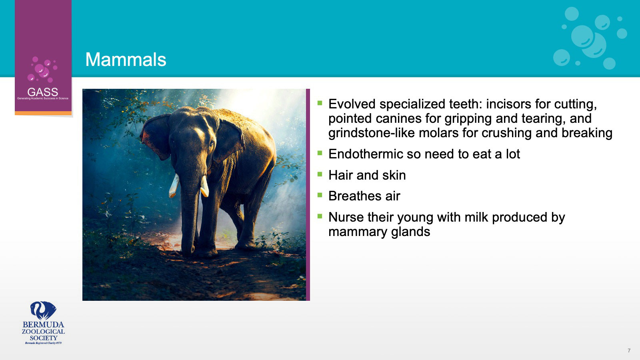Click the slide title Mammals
click(x=126, y=60)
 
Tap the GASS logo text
click(x=42, y=92)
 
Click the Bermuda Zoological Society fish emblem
click(x=43, y=310)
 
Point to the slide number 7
click(x=629, y=350)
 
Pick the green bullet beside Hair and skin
click(x=320, y=174)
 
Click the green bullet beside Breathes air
click(x=320, y=195)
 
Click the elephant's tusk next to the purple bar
click(x=204, y=186)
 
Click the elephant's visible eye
click(x=212, y=144)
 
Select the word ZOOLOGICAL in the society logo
click(x=44, y=332)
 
